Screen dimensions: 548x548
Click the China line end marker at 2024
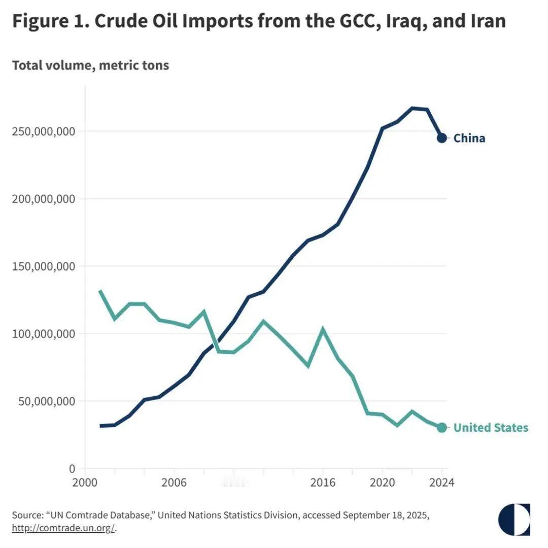(442, 138)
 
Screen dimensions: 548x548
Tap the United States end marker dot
(442, 428)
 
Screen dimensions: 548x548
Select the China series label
(469, 138)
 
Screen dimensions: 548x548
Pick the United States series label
(490, 428)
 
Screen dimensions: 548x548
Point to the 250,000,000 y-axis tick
(43, 131)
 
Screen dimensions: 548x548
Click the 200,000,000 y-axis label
(43, 199)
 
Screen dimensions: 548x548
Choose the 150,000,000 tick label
(43, 266)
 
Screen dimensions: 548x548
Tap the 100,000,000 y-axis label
(43, 334)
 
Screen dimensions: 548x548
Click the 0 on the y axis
(72, 469)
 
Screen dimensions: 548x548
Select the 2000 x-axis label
(85, 482)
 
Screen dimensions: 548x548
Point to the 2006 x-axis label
(174, 482)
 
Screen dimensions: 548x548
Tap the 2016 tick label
(323, 482)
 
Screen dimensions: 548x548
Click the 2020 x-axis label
(382, 482)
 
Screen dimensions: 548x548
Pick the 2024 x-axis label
(441, 482)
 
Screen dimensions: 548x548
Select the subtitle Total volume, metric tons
(90, 65)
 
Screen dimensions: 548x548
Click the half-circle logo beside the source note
(514, 520)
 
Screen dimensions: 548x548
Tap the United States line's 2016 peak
(323, 329)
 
